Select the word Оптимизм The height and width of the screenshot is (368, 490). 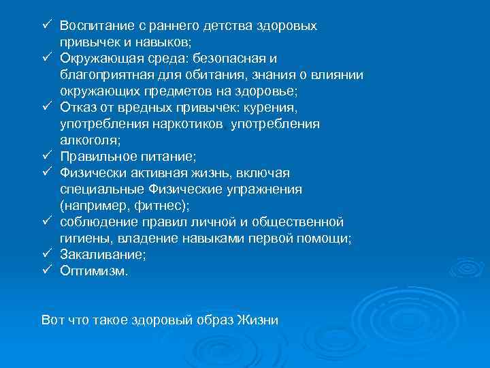click(92, 271)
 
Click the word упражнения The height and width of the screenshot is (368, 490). click(263, 189)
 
